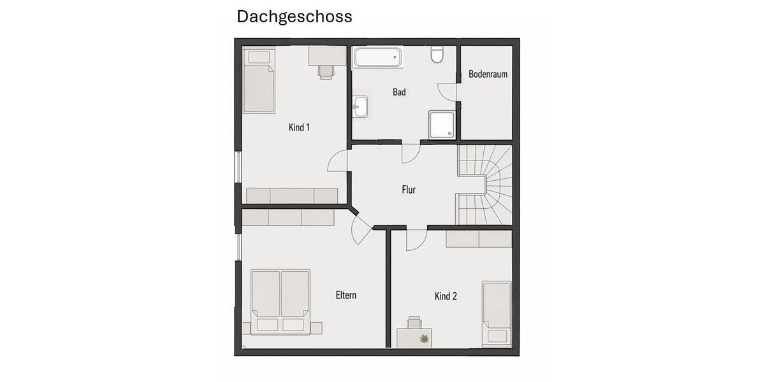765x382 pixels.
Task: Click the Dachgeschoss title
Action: (294, 17)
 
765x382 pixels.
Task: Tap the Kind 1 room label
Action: (299, 127)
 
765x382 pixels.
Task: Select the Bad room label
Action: (399, 92)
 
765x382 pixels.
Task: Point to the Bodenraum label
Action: (488, 74)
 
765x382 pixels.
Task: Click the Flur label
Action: (409, 190)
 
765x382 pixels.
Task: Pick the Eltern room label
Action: (346, 295)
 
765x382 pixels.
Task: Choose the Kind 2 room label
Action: (446, 296)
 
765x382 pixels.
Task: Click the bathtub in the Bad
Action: (379, 58)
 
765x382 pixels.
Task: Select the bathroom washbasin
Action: (361, 106)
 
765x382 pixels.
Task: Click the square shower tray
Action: (442, 124)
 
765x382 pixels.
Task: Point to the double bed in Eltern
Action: (281, 301)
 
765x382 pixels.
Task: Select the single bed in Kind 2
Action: (497, 312)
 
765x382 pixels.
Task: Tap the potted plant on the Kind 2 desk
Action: (424, 339)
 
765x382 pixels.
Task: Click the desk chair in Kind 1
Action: (326, 71)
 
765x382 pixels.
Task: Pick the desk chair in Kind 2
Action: (414, 323)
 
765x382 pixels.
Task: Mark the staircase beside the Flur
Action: (486, 185)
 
